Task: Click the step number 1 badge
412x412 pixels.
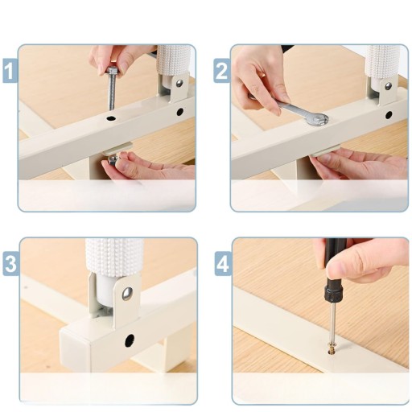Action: tap(10, 71)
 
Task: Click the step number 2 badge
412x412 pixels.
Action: tap(222, 71)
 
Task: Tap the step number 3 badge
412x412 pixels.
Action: tap(11, 263)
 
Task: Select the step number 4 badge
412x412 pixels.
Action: tap(223, 263)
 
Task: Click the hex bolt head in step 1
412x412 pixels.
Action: tap(112, 71)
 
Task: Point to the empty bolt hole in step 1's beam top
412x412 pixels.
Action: tap(110, 117)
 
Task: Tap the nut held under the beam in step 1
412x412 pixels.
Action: tap(113, 160)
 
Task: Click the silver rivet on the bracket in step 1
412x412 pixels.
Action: tap(179, 83)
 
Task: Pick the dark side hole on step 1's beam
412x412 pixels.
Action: tap(180, 112)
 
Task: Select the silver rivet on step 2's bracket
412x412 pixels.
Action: tap(388, 86)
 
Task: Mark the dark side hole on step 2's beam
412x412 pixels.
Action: tap(389, 115)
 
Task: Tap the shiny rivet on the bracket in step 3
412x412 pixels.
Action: tap(127, 294)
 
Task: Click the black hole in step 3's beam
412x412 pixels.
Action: tap(130, 340)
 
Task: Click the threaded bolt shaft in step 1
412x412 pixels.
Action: tap(112, 92)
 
